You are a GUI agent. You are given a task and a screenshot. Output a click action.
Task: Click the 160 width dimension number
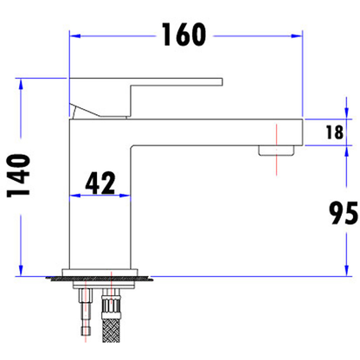point(184,35)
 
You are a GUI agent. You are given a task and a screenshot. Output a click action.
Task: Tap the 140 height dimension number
point(18,176)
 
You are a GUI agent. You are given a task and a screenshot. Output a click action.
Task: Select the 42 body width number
point(100,183)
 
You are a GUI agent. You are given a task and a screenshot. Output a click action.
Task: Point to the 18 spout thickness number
point(335,132)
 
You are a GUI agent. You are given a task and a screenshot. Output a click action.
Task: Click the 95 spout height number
point(344,213)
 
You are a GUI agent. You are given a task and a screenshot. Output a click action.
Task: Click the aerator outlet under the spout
point(276,151)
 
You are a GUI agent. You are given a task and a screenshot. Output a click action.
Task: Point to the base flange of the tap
point(100,273)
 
